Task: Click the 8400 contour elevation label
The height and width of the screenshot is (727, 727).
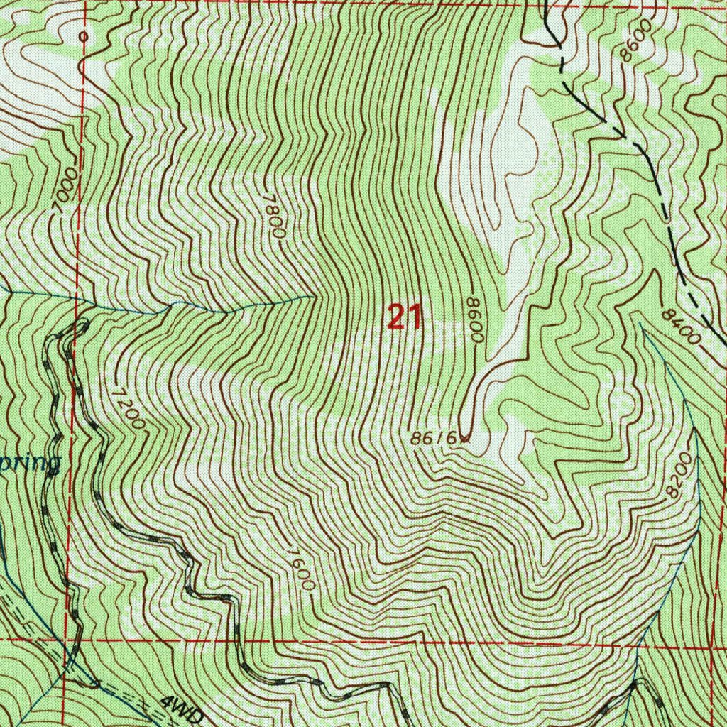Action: pos(680,326)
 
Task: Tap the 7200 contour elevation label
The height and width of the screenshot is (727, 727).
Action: pos(128,409)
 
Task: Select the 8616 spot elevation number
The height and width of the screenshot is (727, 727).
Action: pos(433,439)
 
